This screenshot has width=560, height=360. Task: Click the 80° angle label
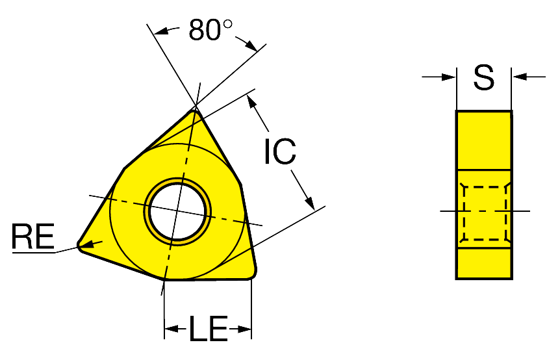pos(210,29)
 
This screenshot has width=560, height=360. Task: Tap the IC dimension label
pos(281,151)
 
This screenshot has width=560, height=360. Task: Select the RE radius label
pos(33,236)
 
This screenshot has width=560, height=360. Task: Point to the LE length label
pos(209,328)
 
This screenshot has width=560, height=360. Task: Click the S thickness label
pos(484,77)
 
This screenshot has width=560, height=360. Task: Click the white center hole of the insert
pos(177,211)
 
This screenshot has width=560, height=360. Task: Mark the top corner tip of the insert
pos(195,111)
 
